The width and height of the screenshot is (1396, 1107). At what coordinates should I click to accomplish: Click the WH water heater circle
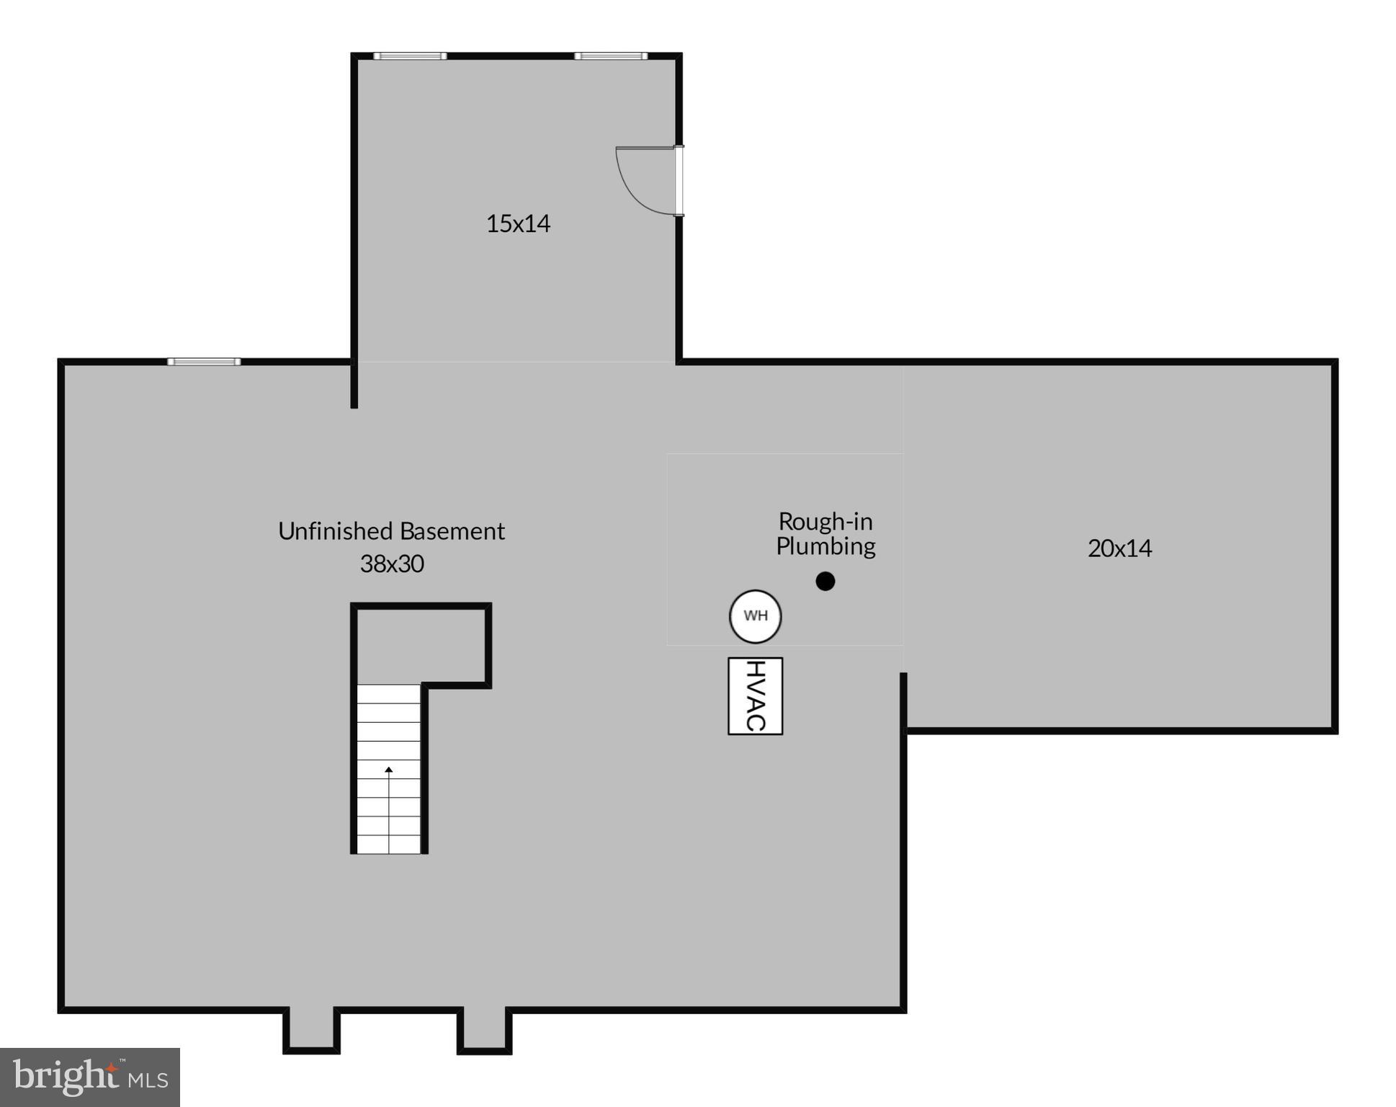pos(755,615)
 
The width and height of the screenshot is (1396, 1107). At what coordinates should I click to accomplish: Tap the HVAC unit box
pos(755,695)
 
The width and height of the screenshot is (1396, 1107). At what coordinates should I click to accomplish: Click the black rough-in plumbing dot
pos(825,581)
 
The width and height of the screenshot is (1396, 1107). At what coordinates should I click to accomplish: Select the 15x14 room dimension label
pos(518,223)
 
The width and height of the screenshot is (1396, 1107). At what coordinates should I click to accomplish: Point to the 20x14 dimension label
pos(1119,548)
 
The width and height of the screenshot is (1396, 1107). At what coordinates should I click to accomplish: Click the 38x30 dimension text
pos(392,564)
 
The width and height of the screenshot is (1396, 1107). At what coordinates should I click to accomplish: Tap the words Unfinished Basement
pos(391,531)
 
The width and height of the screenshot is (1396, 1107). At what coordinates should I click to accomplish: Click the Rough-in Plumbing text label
pos(825,533)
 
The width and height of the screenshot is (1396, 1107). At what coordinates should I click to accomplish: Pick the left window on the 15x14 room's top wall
pos(409,55)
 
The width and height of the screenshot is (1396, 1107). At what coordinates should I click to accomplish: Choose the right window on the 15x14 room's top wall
pos(610,55)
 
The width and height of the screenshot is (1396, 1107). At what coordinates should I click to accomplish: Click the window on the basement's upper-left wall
pos(204,361)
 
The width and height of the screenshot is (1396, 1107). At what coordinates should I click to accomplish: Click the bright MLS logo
pos(90,1077)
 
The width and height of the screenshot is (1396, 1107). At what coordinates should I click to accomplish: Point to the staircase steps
pos(389,793)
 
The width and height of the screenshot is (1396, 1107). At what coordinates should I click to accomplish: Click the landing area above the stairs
pos(421,646)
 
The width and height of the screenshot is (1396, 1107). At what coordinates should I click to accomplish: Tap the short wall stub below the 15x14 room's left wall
pos(354,386)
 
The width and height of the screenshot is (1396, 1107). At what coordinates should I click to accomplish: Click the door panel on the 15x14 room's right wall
pos(679,180)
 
